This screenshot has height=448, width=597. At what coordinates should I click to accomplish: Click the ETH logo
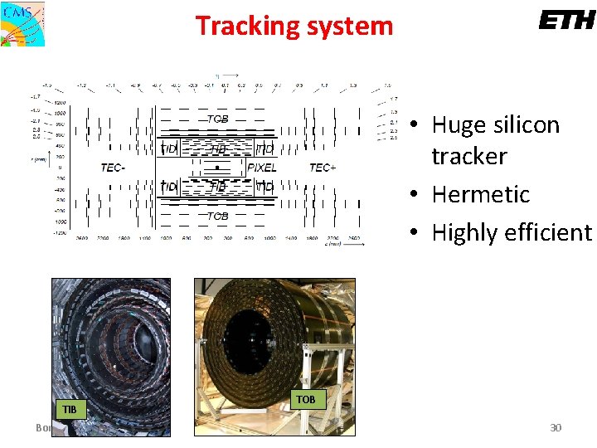(x=566, y=20)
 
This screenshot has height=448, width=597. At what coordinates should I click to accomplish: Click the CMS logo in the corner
(x=22, y=23)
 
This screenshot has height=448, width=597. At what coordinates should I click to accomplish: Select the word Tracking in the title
(x=244, y=27)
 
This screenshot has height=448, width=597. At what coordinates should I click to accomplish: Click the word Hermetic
(x=481, y=194)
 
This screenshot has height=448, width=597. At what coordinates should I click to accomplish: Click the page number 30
(x=556, y=427)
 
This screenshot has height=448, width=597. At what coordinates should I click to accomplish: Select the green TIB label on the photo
(x=70, y=409)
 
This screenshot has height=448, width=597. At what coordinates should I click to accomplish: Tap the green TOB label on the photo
(x=306, y=399)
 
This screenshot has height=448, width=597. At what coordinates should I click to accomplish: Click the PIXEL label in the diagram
(x=262, y=168)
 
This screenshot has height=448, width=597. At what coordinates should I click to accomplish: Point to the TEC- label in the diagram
(x=113, y=168)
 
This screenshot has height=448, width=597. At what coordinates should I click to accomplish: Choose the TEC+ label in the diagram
(x=323, y=168)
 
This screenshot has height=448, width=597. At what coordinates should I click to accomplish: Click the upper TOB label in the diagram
(x=217, y=119)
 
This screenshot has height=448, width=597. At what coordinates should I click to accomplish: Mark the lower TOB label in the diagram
(x=217, y=216)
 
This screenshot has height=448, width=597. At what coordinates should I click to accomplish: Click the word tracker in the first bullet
(x=469, y=156)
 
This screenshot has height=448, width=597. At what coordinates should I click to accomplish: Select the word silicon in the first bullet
(x=530, y=125)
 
